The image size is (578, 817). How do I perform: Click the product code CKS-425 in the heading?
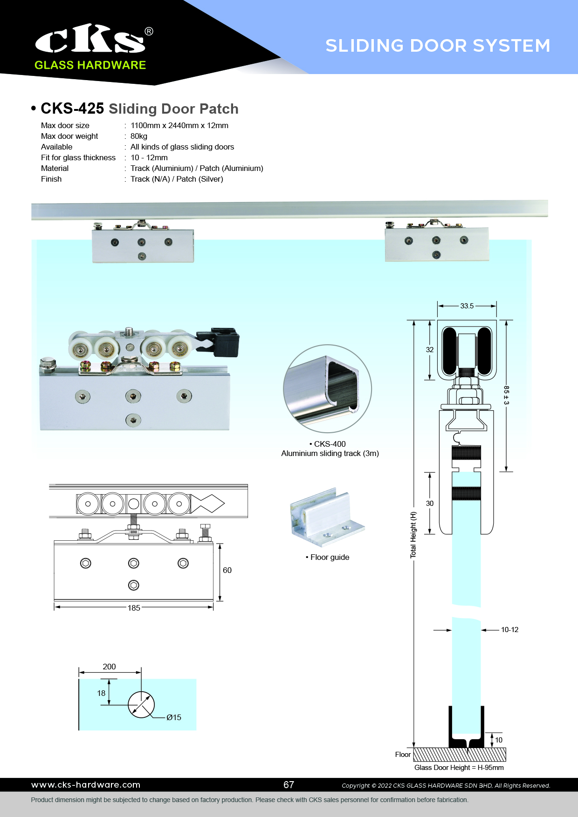72,109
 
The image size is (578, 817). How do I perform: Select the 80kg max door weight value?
139,136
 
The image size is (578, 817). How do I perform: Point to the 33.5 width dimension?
467,306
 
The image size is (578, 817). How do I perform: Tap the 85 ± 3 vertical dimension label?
506,395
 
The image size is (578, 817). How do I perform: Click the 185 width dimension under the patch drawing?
134,608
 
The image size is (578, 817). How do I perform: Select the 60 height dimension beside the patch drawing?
227,570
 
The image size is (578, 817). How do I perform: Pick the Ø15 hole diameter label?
174,717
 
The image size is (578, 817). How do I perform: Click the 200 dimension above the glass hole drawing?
109,667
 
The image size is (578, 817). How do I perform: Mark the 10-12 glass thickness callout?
509,630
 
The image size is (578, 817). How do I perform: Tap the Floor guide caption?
330,557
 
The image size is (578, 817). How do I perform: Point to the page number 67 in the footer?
289,785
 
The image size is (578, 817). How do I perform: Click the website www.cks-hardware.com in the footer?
86,785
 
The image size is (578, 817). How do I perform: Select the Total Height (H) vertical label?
413,535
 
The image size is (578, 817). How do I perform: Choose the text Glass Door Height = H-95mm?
459,768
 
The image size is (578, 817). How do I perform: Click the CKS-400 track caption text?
330,444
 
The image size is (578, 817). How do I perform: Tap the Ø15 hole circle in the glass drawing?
141,705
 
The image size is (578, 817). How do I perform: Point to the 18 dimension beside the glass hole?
101,693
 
